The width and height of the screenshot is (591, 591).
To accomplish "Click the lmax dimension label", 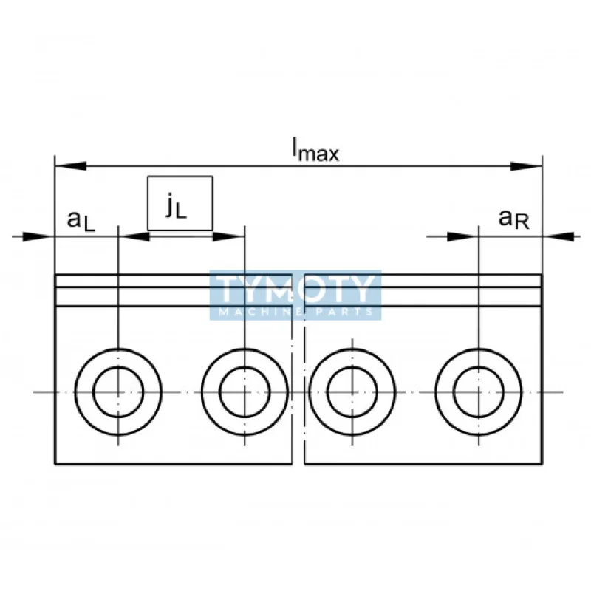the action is click(x=315, y=150).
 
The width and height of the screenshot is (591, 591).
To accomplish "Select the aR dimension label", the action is click(x=513, y=219).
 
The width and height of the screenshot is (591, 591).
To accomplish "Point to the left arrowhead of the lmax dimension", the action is click(x=70, y=166).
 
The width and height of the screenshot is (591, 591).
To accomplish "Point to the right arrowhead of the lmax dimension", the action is click(x=526, y=166).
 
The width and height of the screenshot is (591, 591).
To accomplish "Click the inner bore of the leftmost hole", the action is click(x=118, y=392).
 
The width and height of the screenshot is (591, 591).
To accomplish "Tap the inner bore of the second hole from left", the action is click(x=245, y=392).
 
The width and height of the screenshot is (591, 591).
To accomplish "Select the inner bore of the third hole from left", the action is click(x=352, y=392).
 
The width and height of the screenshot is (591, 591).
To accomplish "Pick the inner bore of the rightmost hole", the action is click(x=479, y=392).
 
